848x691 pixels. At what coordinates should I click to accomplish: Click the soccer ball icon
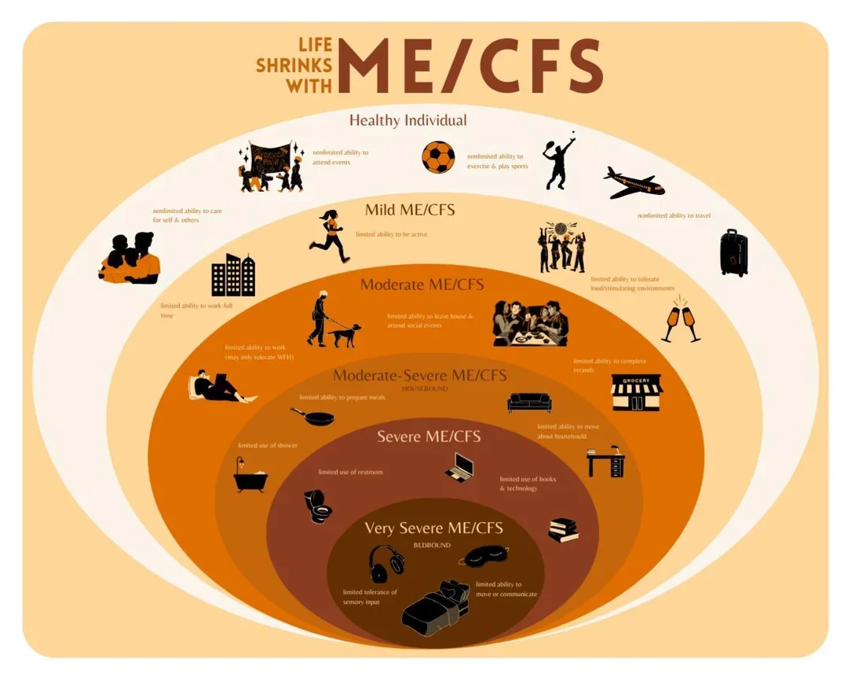coord(438,157)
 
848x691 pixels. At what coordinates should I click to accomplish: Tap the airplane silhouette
coord(634,183)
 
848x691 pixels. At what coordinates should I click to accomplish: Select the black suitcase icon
coord(733,252)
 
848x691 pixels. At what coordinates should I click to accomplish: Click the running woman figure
coord(330,236)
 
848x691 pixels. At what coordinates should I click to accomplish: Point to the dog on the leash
coord(345,334)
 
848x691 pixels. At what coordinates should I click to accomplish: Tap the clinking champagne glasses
coord(680,319)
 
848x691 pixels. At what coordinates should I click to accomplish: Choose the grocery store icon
coord(637,391)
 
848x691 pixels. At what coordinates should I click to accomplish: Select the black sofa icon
coord(529,402)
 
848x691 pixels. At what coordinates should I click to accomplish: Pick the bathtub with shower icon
coord(250,475)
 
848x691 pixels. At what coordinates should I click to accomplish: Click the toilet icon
coord(318,505)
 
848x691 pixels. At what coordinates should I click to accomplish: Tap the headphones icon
coord(386,563)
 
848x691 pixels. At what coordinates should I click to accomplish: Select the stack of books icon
coord(563,530)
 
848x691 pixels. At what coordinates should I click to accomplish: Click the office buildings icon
coord(233,275)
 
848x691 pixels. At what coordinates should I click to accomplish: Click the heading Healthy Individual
coord(408,120)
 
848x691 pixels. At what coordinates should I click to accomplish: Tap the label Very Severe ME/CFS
coord(433,527)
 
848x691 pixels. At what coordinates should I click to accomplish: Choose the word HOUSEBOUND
coord(424,389)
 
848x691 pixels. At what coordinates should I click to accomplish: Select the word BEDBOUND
coord(432,544)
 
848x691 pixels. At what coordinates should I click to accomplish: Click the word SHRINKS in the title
coord(294,66)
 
